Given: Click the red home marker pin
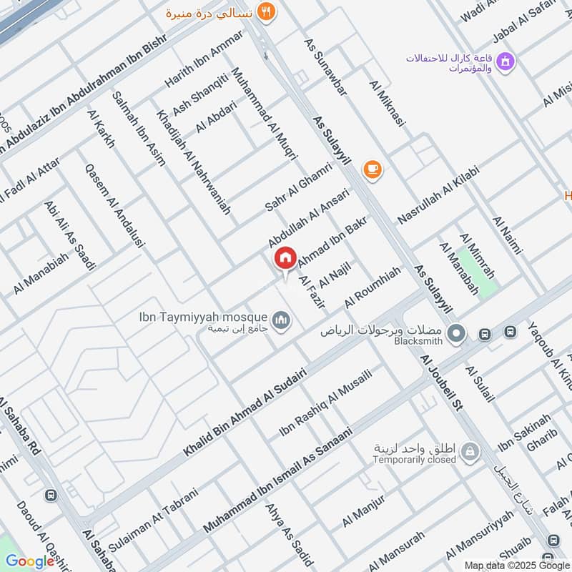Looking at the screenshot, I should coord(285,257).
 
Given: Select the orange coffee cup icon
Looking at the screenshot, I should coord(373,169).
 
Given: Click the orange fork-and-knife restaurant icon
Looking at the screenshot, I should coord(267,11).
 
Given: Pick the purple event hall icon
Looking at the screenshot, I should coord(507,62).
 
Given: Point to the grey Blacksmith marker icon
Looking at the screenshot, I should coord(455,333).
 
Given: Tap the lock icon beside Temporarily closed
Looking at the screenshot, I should coord(470,451).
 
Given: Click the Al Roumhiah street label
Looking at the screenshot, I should coord(372,287).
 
